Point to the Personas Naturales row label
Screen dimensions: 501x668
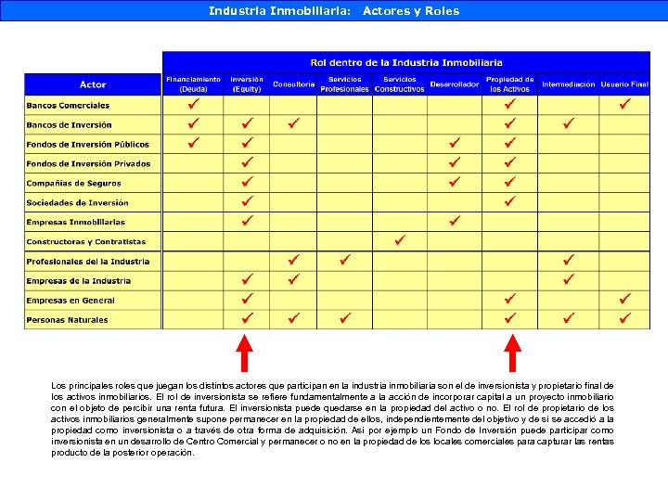point(67,320)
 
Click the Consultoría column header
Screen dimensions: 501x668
point(293,84)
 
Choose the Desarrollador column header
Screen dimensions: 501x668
point(455,84)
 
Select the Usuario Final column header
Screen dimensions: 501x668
point(624,84)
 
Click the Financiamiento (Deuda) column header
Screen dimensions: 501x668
point(193,84)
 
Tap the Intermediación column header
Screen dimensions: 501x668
point(569,84)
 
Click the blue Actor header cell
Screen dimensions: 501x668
point(93,84)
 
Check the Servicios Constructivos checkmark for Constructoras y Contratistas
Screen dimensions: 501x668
point(400,240)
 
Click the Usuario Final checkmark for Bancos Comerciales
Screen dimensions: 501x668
point(625,104)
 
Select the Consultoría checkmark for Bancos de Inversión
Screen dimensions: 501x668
point(293,123)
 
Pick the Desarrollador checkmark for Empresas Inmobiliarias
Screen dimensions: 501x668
point(455,221)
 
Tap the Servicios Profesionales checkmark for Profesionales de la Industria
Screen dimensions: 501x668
point(344,260)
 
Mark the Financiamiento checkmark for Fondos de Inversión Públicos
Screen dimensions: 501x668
point(193,143)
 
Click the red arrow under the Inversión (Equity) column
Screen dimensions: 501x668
point(245,353)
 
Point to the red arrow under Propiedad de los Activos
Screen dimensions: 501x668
point(511,353)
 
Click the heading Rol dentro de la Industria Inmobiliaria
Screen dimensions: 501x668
point(406,62)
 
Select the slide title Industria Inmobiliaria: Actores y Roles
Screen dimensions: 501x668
point(334,11)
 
